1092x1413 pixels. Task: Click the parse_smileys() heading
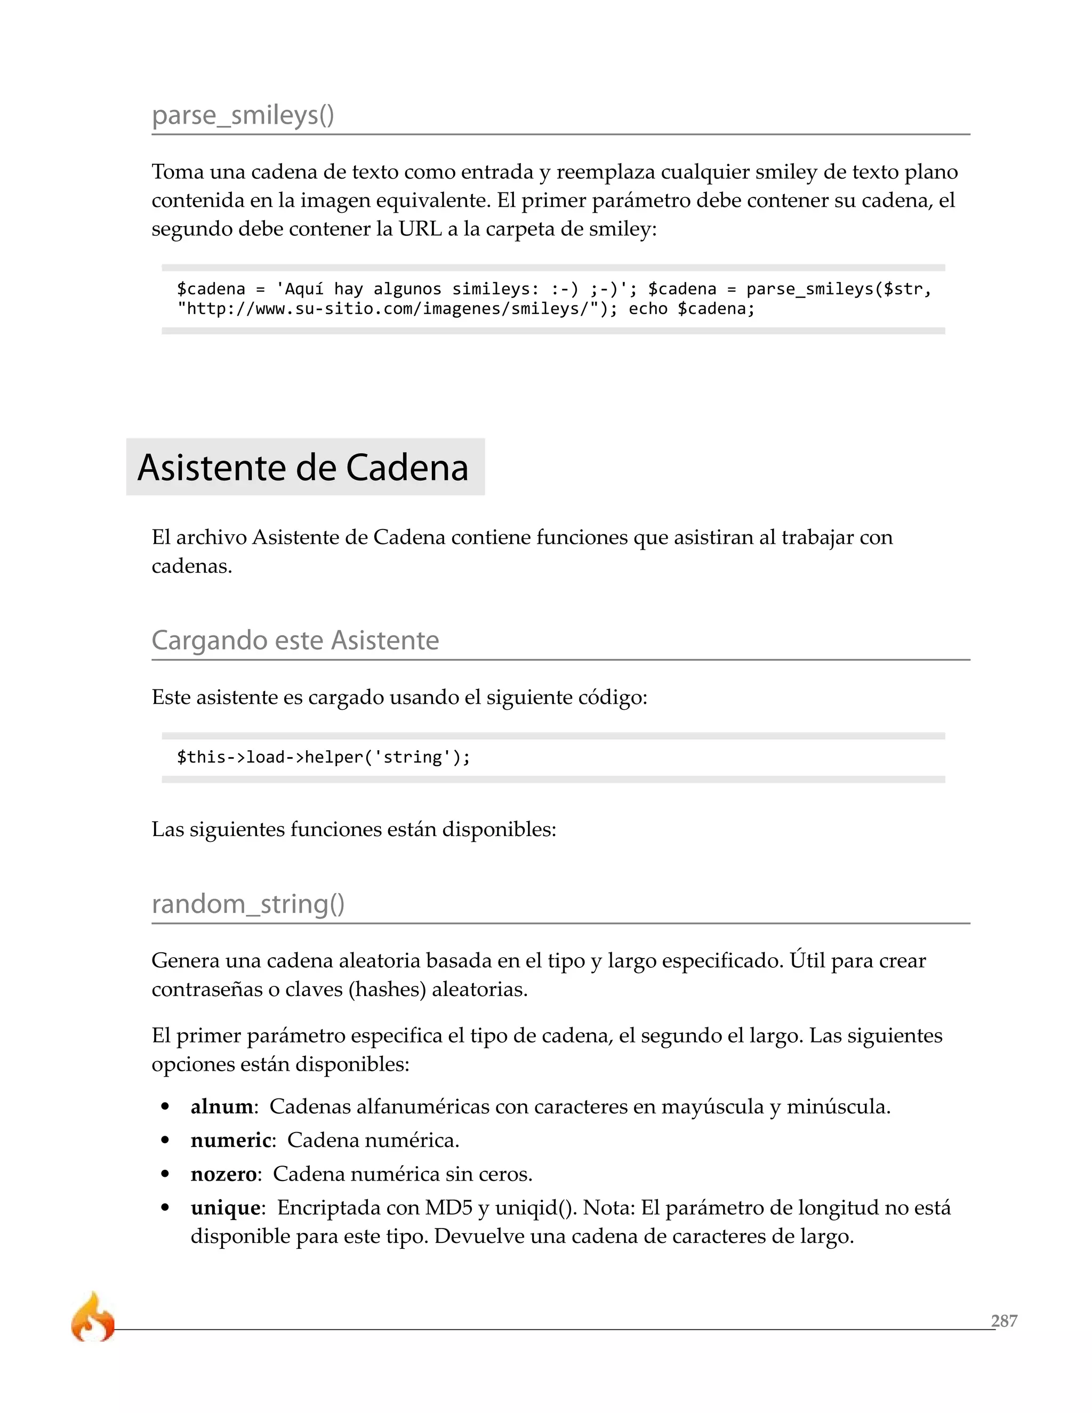(243, 115)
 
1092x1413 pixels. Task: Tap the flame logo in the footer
(92, 1317)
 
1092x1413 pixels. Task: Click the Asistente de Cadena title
(303, 467)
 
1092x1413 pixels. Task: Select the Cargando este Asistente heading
(295, 640)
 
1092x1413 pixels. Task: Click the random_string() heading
(248, 904)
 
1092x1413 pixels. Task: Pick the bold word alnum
(221, 1107)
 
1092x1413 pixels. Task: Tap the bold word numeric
(230, 1141)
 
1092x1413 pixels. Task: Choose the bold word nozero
(223, 1174)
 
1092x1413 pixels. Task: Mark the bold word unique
(225, 1208)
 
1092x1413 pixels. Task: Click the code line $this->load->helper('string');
(324, 757)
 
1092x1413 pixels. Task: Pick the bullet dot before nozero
(166, 1174)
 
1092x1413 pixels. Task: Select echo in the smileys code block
(647, 309)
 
